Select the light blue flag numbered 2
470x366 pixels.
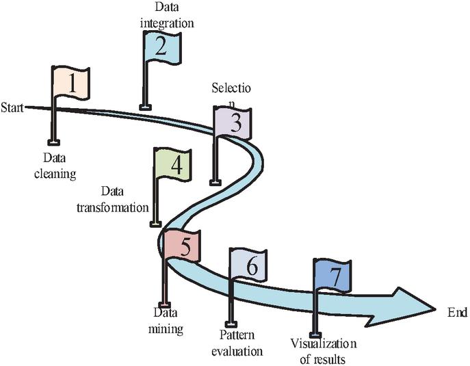tap(162, 47)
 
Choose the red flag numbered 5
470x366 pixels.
tap(183, 245)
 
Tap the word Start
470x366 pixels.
tap(12, 107)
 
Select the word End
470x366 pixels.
tap(456, 313)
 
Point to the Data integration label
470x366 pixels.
tap(166, 16)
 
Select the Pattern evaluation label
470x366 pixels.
tap(241, 344)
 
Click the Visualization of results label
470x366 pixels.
tap(323, 351)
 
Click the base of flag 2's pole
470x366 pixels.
tap(144, 106)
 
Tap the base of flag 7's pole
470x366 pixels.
tap(316, 334)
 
